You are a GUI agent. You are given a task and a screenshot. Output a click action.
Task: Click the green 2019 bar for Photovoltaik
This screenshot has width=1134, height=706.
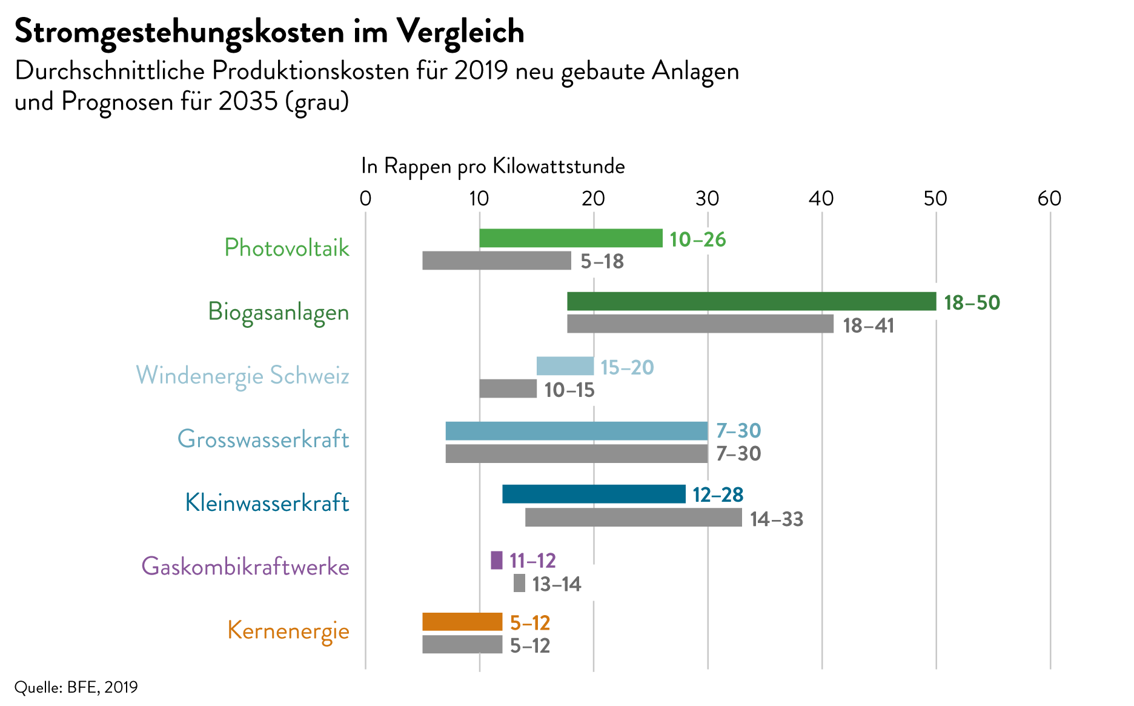[570, 238]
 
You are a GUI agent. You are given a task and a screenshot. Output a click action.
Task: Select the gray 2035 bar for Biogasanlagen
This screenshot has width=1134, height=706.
[700, 324]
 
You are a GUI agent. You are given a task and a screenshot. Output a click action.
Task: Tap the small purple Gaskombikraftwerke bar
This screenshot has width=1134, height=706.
[496, 560]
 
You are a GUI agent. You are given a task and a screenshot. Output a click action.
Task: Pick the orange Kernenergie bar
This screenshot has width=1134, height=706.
[462, 622]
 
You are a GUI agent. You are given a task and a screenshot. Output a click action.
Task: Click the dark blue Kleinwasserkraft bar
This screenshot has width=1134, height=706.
[594, 494]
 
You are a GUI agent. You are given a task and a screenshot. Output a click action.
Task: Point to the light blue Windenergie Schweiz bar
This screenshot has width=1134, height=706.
[565, 366]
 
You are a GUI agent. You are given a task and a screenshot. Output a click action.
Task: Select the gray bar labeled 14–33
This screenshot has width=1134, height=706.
[633, 518]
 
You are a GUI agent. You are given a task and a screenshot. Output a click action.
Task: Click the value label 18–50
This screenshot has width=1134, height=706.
[972, 302]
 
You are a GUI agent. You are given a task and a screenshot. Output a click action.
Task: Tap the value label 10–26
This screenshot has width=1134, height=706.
[697, 239]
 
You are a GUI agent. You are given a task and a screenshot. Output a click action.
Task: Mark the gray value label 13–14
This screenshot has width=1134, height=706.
[556, 584]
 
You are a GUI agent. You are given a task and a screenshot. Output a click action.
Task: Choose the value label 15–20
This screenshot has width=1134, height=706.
[627, 367]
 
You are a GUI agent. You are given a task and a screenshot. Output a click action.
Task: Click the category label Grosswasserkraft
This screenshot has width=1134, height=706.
[263, 439]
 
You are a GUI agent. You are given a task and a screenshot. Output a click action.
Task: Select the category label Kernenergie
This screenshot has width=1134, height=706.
[288, 630]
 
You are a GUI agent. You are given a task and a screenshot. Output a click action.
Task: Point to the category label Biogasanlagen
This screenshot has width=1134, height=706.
[279, 312]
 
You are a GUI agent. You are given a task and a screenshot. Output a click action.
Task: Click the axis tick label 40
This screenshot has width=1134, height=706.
[821, 198]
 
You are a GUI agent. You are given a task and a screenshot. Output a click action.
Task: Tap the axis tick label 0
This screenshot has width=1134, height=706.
[365, 198]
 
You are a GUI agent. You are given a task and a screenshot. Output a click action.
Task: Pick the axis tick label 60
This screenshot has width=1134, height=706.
[1049, 198]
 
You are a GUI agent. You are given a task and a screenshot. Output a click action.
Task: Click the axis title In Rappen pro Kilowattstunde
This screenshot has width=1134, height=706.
[492, 165]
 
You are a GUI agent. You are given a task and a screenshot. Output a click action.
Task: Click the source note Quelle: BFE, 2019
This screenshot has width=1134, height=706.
[76, 687]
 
